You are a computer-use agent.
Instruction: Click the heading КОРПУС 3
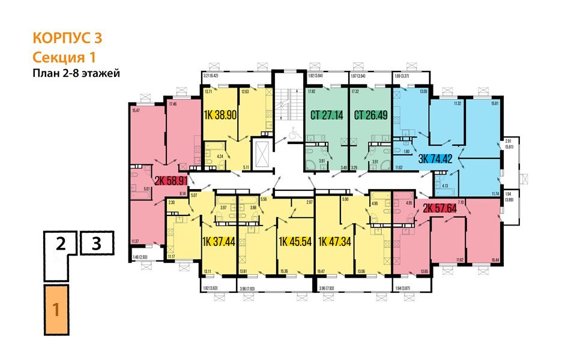point(66,38)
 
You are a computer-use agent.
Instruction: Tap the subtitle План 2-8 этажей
point(76,74)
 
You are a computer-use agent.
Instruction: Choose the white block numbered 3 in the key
point(96,244)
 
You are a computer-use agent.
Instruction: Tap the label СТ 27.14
point(327,115)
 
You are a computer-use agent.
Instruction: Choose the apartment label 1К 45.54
point(296,242)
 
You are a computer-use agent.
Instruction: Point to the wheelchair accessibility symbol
point(294,134)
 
